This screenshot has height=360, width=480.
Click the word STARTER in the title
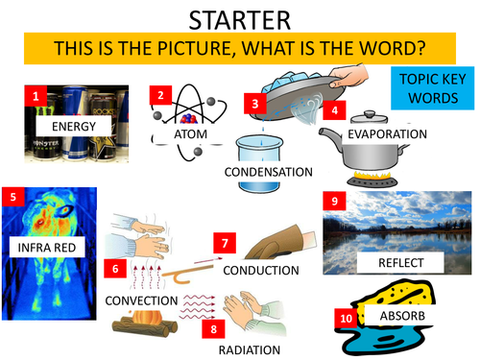coord(240,18)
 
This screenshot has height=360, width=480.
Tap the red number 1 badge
coord(35,97)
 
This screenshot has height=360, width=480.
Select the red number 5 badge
coord(12,198)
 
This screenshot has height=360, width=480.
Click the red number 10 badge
coord(344,318)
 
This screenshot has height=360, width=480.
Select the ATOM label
coord(190,134)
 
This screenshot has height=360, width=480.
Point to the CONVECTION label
coord(142,301)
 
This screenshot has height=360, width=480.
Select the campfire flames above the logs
coord(144,319)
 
